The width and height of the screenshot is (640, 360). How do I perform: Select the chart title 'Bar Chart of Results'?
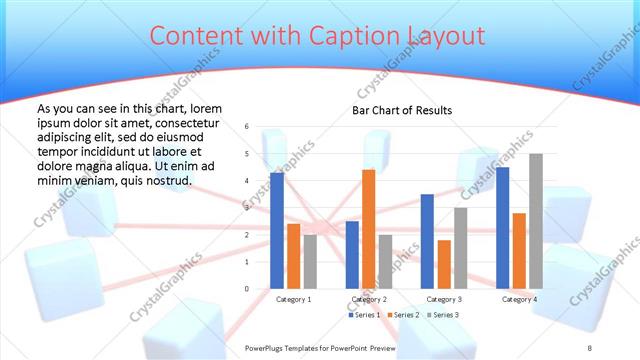coord(402,110)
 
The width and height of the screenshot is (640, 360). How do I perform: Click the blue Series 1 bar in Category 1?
coord(277,231)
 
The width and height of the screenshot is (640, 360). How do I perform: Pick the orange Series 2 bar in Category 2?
coord(368,229)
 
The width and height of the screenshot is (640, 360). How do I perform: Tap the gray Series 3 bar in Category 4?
coord(535,221)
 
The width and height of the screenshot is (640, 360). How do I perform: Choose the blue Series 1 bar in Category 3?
coord(427,241)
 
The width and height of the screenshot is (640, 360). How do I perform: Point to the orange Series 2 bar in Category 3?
coord(444,264)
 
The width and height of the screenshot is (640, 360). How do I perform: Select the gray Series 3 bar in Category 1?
coord(310,261)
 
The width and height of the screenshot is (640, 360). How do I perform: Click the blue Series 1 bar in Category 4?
coord(502,228)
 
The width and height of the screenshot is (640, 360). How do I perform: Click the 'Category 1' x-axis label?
coord(293,299)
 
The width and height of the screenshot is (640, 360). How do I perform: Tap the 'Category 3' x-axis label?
coord(443,299)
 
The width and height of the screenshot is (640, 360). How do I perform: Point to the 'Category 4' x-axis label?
coord(518,299)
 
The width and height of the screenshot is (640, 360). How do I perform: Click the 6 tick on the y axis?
coord(246,127)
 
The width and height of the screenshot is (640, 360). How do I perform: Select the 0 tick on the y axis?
coord(246,289)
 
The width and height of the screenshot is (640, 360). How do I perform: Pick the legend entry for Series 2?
coord(404,315)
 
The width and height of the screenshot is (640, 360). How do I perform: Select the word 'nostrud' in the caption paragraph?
coord(167,181)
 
